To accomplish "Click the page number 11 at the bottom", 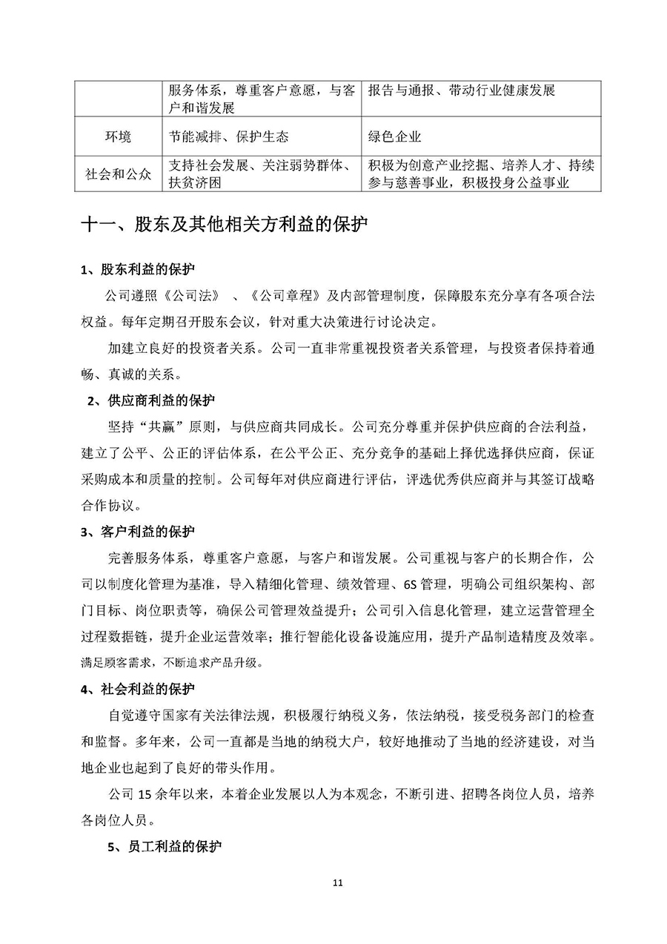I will (337, 882).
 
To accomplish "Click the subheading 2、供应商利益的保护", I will (150, 401).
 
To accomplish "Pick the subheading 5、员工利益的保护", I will (164, 846).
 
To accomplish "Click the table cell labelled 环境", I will (119, 136).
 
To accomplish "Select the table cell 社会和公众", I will (119, 174).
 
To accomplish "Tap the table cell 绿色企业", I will (394, 136).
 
